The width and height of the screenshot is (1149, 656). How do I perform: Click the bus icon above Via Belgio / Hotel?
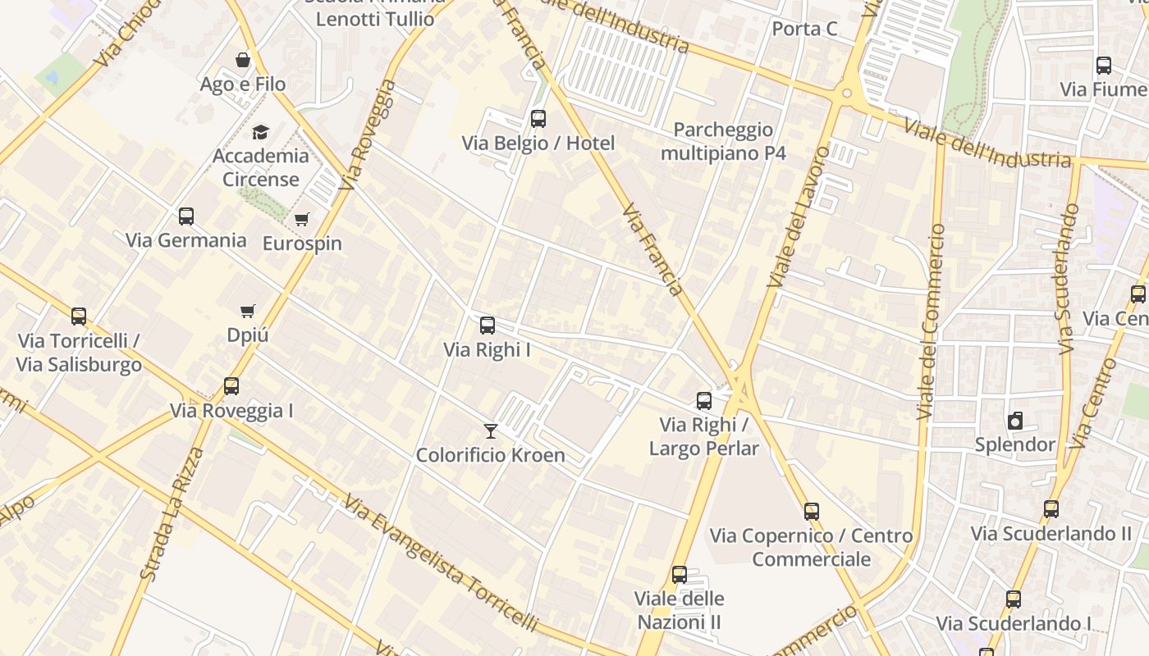pyautogui.click(x=538, y=119)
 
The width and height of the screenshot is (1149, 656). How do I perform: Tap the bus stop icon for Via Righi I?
pyautogui.click(x=488, y=326)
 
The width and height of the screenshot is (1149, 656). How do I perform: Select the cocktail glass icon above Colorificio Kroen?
pyautogui.click(x=491, y=430)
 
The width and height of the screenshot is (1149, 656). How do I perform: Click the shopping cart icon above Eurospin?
pyautogui.click(x=302, y=219)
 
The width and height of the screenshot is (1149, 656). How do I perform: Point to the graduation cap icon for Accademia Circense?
pyautogui.click(x=260, y=132)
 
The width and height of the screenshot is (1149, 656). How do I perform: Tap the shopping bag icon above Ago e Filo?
pyautogui.click(x=243, y=60)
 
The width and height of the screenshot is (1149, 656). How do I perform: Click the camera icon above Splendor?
pyautogui.click(x=1015, y=421)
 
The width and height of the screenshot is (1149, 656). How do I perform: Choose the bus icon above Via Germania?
pyautogui.click(x=186, y=216)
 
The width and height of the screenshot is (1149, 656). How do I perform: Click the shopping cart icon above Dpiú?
pyautogui.click(x=248, y=311)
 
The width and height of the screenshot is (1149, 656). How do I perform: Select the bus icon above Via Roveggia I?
pyautogui.click(x=231, y=386)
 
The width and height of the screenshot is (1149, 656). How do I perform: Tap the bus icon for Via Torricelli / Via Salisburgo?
pyautogui.click(x=79, y=316)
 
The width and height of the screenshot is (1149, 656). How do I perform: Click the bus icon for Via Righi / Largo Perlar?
pyautogui.click(x=704, y=401)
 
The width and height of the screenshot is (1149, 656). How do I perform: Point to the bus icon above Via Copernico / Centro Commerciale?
pyautogui.click(x=812, y=512)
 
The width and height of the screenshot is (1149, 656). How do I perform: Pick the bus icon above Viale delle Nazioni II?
pyautogui.click(x=680, y=575)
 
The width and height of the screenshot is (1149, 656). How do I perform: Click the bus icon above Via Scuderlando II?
pyautogui.click(x=1051, y=509)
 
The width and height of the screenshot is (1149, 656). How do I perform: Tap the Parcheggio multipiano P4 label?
pyautogui.click(x=723, y=141)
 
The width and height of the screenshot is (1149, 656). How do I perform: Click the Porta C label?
pyautogui.click(x=804, y=30)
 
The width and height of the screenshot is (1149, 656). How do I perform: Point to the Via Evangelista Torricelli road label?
pyautogui.click(x=441, y=563)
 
